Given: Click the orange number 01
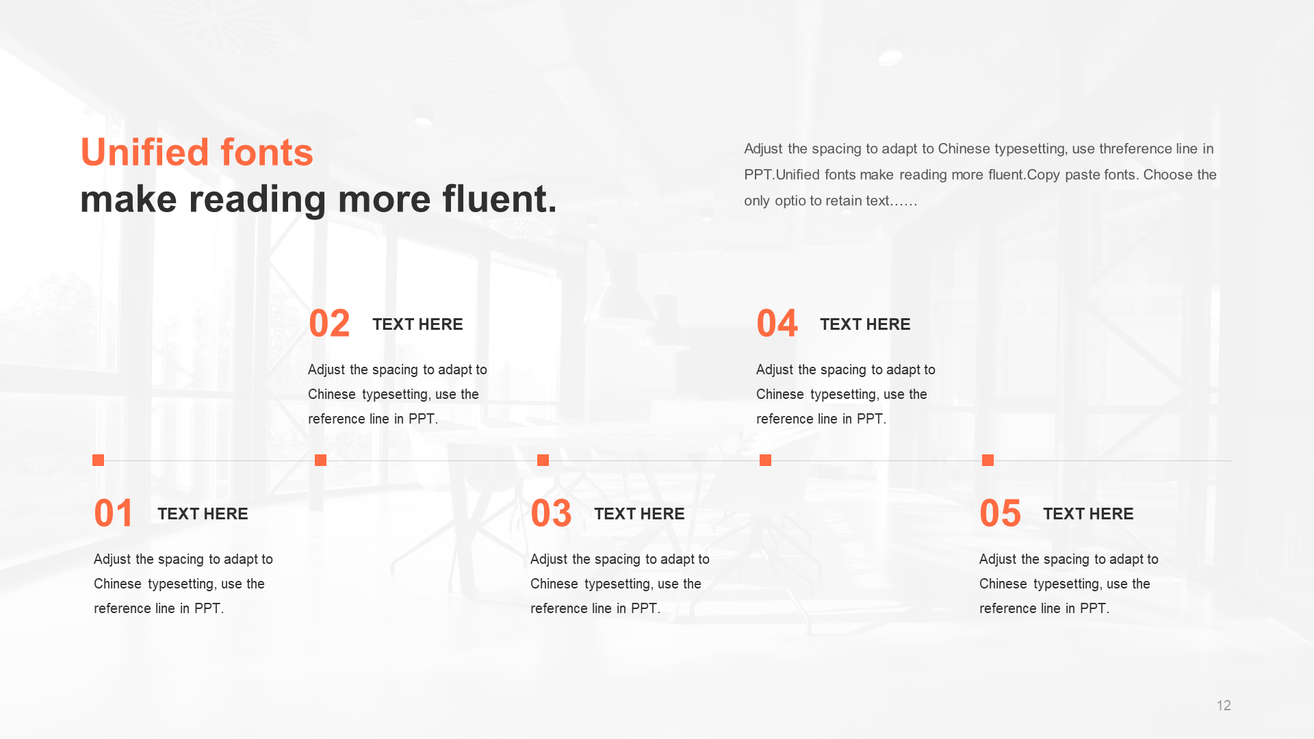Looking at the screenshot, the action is pos(113,514).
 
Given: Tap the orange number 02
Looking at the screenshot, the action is pos(329,324).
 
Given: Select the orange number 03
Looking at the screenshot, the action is pos(551,514).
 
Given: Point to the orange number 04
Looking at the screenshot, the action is pos(777,324).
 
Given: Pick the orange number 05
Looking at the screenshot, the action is pos(1000,514).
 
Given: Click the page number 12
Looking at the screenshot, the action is pos(1224,705).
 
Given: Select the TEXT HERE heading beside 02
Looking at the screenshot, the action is pos(417,324).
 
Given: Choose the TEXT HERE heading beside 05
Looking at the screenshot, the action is pos(1088,514).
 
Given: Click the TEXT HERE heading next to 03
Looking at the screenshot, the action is pos(639,514).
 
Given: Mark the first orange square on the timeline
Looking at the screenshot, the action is pos(98,460).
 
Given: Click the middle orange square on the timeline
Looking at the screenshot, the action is pos(543,460).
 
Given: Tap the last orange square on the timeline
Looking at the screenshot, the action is pos(988,460).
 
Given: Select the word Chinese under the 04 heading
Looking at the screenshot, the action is pos(780,394).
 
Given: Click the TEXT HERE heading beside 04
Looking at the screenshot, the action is pos(865,324).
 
